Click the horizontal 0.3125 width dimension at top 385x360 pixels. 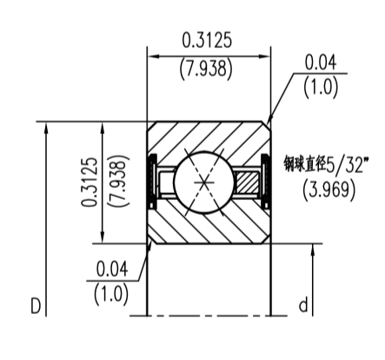click(x=207, y=41)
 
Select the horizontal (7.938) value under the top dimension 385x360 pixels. click(x=206, y=69)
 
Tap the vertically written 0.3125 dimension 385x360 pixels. click(x=90, y=182)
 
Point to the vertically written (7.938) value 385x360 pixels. click(x=118, y=181)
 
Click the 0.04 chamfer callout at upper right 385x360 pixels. click(x=321, y=63)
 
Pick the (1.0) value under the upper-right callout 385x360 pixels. click(x=321, y=88)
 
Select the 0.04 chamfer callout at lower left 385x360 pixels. click(x=112, y=270)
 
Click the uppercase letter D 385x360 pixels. click(x=36, y=306)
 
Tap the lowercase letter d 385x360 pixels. click(x=303, y=305)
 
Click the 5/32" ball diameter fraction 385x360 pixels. click(x=345, y=164)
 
